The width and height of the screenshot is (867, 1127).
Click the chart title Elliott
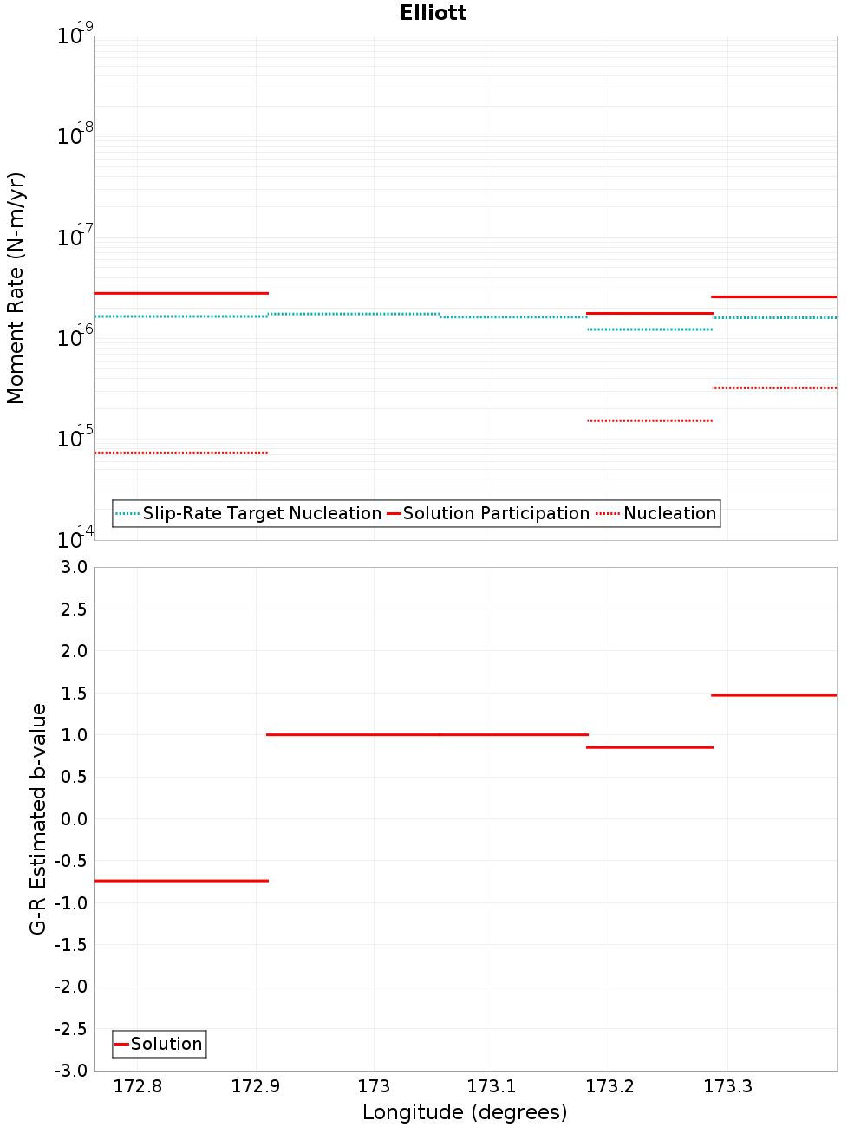click(x=433, y=13)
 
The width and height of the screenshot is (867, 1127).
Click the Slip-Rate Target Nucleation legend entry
click(x=261, y=513)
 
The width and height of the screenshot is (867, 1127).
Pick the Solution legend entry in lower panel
click(x=166, y=1044)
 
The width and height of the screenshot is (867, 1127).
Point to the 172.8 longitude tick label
click(x=138, y=1086)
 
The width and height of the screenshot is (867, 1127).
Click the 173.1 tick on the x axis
click(x=492, y=1086)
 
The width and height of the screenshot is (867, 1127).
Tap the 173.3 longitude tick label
click(x=728, y=1086)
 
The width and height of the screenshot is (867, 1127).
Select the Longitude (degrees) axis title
click(x=465, y=1112)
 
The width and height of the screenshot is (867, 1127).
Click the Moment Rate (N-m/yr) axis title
click(x=16, y=288)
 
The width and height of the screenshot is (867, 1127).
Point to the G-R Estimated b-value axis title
click(x=38, y=818)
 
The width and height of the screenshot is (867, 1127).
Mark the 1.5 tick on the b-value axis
click(x=73, y=694)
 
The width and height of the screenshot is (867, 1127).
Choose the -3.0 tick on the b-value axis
click(x=71, y=1071)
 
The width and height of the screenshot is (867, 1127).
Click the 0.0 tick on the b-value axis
click(x=73, y=819)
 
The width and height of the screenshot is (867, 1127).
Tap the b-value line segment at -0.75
click(x=181, y=881)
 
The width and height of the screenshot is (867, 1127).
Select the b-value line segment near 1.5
click(x=773, y=695)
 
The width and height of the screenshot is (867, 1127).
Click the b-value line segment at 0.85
click(x=650, y=747)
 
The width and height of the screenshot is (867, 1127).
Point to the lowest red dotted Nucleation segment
click(x=181, y=453)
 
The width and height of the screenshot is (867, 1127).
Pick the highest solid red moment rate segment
click(x=181, y=293)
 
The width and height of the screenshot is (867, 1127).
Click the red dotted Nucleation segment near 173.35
click(x=774, y=388)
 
